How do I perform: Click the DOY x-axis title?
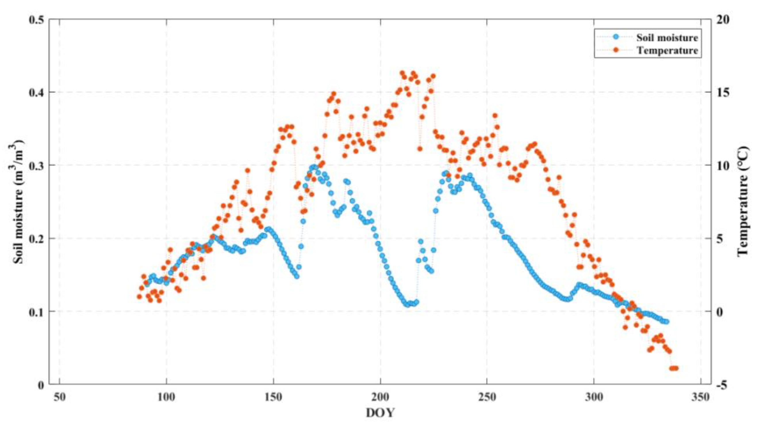click(x=380, y=413)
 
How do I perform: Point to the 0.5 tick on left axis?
click(x=36, y=20)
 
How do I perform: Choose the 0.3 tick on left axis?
click(x=36, y=165)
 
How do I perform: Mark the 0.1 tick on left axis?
click(x=36, y=311)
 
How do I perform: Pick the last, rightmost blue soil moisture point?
click(x=666, y=322)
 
